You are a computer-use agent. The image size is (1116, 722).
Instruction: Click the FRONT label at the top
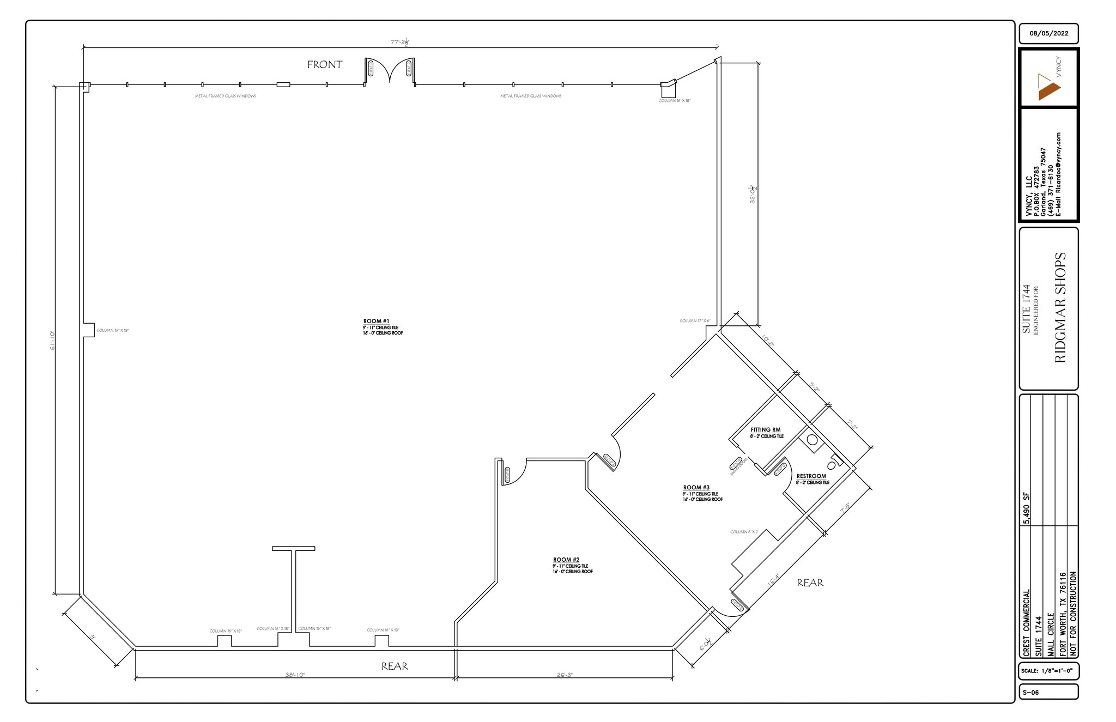click(x=325, y=65)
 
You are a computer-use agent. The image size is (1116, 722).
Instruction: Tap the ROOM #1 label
click(x=376, y=321)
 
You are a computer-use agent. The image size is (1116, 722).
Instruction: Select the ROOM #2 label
click(x=566, y=560)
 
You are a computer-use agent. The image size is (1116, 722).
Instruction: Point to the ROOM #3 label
click(x=696, y=488)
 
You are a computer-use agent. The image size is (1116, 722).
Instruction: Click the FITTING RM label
click(x=766, y=430)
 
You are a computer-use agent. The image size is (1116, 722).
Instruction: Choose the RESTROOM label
click(x=811, y=476)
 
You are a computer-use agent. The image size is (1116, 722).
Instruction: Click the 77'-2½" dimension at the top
click(x=399, y=42)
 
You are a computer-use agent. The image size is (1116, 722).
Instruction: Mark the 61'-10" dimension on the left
click(x=53, y=340)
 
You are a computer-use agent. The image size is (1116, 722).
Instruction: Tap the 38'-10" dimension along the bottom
click(x=295, y=675)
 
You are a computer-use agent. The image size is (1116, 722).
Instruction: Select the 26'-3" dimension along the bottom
click(x=565, y=675)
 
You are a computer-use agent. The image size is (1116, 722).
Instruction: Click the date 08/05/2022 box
click(x=1048, y=33)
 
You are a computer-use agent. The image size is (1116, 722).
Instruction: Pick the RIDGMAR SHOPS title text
click(x=1060, y=308)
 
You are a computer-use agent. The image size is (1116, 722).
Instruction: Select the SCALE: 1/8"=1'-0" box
click(x=1048, y=671)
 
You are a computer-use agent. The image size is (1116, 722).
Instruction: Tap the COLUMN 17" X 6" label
click(x=695, y=321)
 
